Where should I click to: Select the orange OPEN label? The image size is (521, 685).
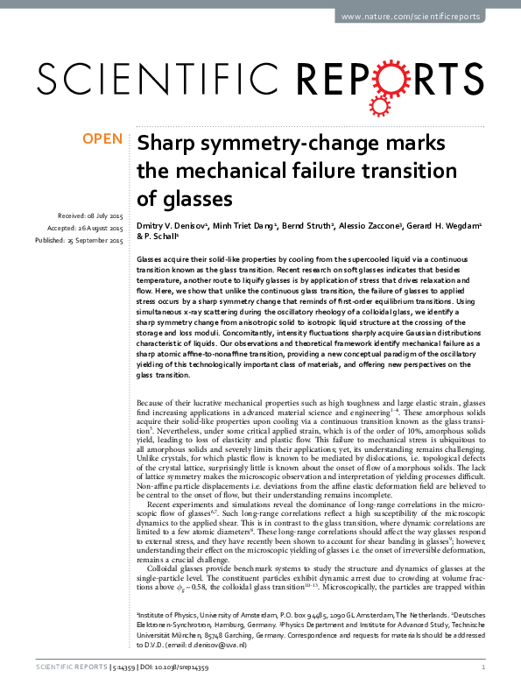tap(102, 139)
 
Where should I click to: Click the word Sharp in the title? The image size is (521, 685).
tap(169, 144)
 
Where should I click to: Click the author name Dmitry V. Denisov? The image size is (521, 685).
tap(171, 225)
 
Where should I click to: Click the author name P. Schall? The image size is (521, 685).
tap(160, 237)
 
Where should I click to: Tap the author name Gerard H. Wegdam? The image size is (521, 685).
tap(442, 225)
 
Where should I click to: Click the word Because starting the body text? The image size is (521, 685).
tap(155, 401)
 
